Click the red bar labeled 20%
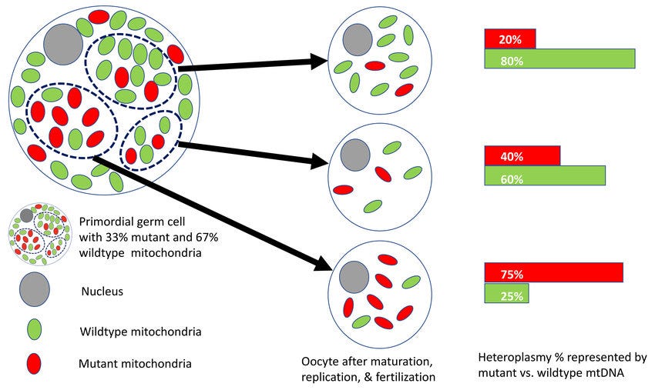pos(510,38)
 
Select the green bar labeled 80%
pos(559,58)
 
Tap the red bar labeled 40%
pos(522,155)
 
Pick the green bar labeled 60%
pos(545,176)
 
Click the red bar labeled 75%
pos(553,273)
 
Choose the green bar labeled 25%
pos(506,293)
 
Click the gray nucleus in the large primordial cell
pos(63,45)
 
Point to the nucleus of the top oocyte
pos(357,38)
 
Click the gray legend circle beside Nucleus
pos(34,288)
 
